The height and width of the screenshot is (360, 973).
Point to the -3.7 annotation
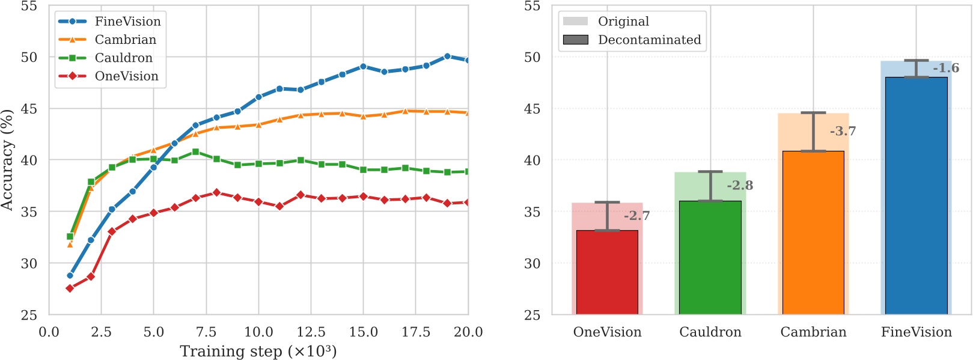click(843, 132)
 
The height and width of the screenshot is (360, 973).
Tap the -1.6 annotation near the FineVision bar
click(946, 69)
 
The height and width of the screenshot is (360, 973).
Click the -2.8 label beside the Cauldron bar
click(740, 186)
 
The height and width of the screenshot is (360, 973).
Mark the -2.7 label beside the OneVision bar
click(636, 216)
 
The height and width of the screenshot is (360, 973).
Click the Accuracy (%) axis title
click(7, 160)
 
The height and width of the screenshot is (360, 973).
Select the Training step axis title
click(258, 352)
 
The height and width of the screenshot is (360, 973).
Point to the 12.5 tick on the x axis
click(311, 332)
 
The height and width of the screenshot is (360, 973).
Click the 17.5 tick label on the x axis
click(415, 332)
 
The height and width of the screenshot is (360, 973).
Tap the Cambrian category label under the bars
click(813, 332)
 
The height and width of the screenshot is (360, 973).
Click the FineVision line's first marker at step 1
click(70, 276)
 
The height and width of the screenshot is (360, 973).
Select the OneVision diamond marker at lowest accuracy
click(70, 288)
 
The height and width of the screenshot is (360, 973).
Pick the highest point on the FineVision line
click(447, 56)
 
